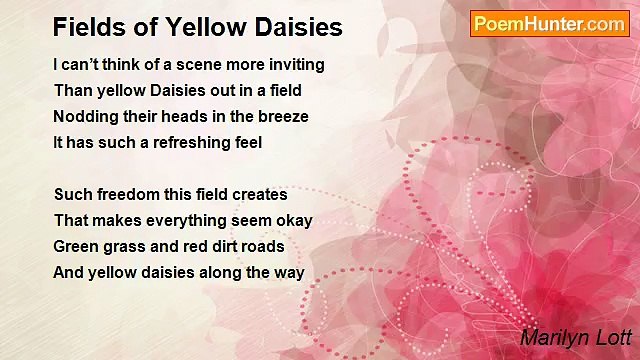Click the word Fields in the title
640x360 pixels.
tap(83, 27)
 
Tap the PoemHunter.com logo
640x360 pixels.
tap(549, 24)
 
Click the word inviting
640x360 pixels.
tap(295, 64)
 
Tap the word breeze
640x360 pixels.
tap(284, 116)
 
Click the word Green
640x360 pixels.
tap(76, 246)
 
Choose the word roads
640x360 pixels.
tap(264, 246)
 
